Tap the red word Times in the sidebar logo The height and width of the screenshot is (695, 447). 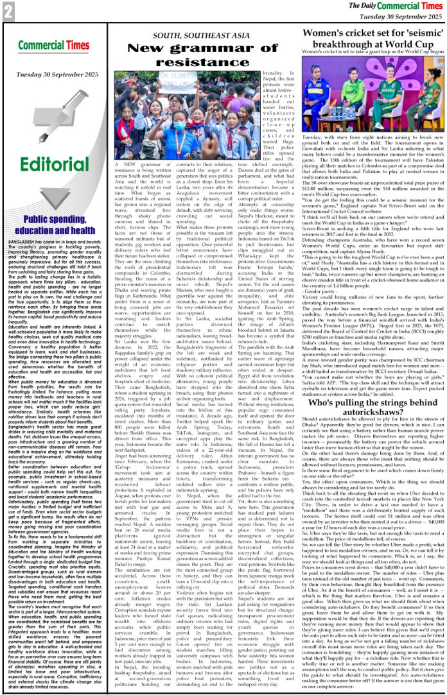[x=70, y=46]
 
